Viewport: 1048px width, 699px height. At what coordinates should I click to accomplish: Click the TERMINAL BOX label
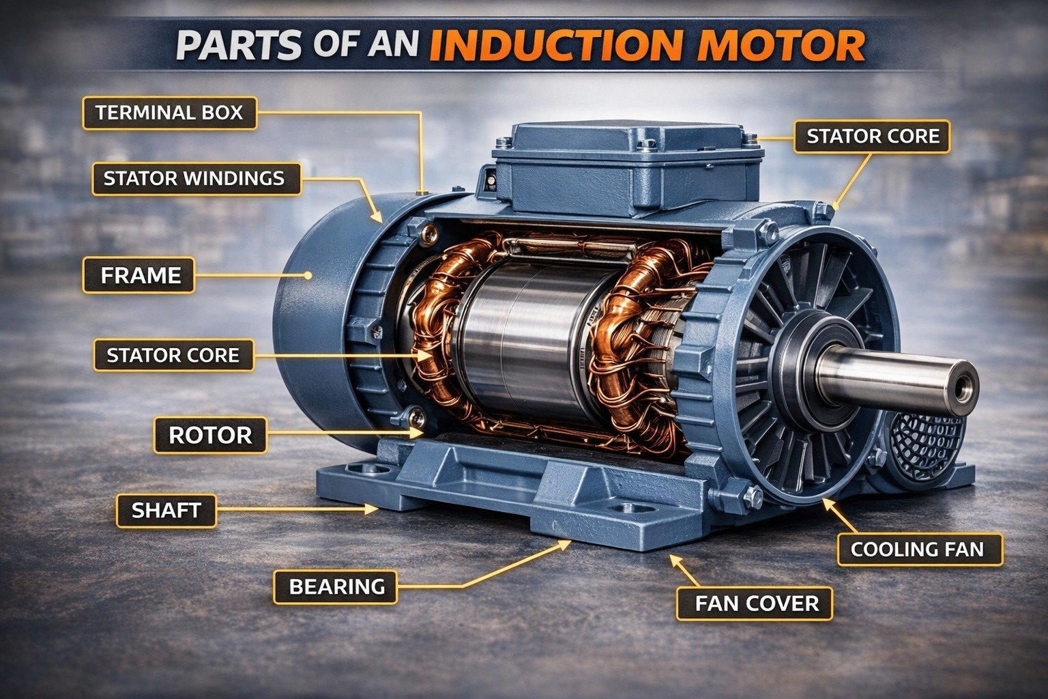(169, 113)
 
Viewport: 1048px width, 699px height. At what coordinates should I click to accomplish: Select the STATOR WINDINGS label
(194, 179)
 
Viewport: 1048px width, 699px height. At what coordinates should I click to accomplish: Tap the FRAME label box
(140, 275)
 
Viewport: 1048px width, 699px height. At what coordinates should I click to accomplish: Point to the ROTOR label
(210, 435)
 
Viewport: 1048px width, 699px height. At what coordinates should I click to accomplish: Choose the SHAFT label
(166, 510)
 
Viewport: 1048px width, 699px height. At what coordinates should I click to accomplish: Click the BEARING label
(336, 586)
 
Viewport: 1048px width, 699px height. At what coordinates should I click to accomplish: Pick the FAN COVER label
(756, 603)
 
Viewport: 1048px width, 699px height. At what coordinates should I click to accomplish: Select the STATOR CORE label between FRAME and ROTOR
(173, 355)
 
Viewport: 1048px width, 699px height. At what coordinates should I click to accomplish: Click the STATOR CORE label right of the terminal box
(873, 137)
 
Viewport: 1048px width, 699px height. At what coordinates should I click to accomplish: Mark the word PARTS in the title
(238, 45)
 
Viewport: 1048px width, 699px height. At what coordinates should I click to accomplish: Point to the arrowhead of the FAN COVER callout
(675, 558)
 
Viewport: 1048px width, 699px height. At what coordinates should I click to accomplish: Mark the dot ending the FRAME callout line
(309, 275)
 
